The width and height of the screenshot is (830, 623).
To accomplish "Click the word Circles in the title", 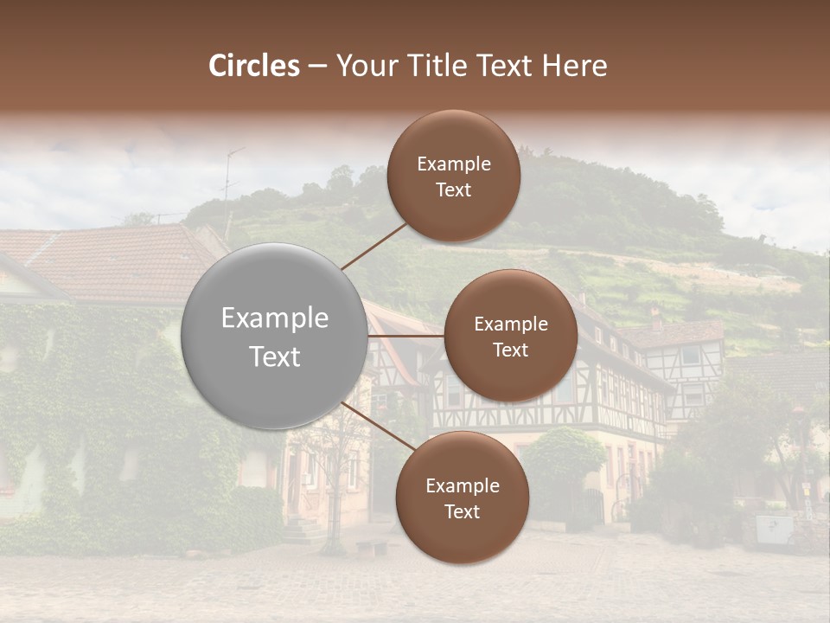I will [x=254, y=66].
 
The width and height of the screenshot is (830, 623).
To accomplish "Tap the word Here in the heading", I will [x=574, y=66].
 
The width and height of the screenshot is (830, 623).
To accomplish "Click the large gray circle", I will [x=274, y=336].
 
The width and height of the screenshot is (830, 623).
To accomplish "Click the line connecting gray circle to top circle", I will [x=374, y=245].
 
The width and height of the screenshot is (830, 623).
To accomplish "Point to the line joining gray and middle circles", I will [x=406, y=336].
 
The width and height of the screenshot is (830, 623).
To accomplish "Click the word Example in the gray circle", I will [x=274, y=318].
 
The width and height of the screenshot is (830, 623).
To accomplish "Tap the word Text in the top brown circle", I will [x=454, y=190].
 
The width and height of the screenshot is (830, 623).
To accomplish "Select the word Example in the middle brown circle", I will [x=510, y=324].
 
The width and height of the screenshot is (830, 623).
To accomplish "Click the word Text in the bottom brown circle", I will [x=462, y=512].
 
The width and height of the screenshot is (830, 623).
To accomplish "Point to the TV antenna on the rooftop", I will [x=230, y=186].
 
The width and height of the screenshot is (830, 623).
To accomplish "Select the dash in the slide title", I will [x=317, y=67].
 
